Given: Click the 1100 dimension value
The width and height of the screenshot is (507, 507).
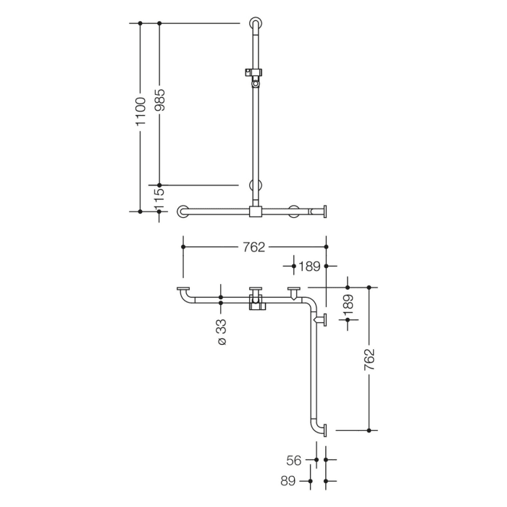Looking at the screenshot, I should pyautogui.click(x=141, y=112).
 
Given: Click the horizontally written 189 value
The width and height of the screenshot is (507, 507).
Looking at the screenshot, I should pyautogui.click(x=309, y=267).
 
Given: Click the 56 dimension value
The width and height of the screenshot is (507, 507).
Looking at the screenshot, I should pyautogui.click(x=294, y=460).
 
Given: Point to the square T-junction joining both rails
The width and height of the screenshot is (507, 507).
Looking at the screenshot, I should pyautogui.click(x=254, y=211).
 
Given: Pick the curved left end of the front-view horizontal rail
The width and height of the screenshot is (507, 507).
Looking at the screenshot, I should pyautogui.click(x=183, y=211).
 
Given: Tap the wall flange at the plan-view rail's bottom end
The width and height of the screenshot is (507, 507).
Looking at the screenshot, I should pyautogui.click(x=325, y=430).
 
